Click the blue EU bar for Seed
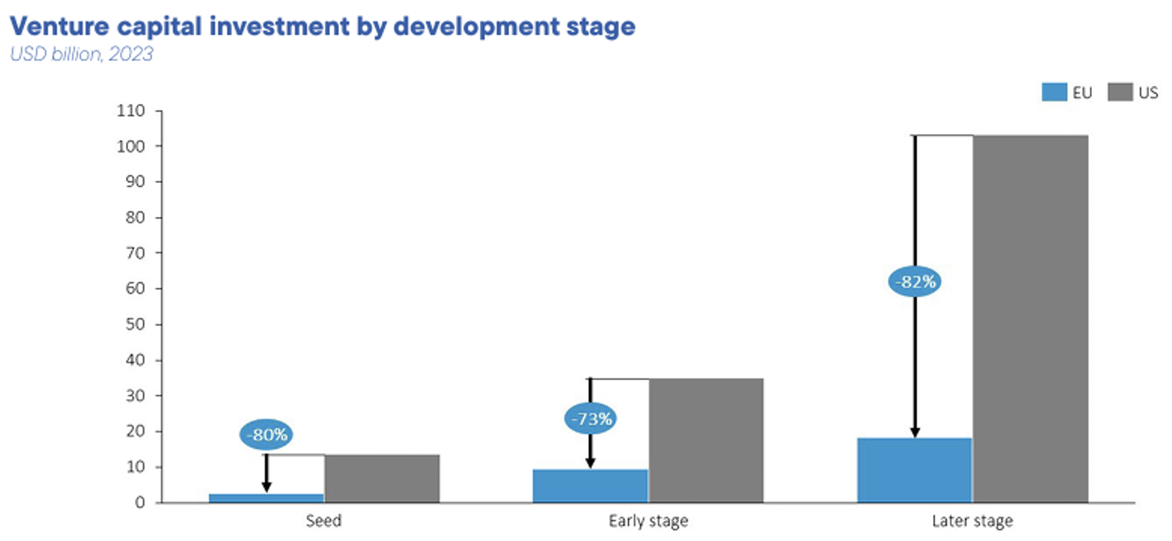(x=267, y=498)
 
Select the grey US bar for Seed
(x=382, y=479)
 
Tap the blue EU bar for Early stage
(x=590, y=486)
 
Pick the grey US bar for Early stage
(x=706, y=441)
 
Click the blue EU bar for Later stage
(x=914, y=470)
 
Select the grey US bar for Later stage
(x=1031, y=319)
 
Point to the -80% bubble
(x=266, y=434)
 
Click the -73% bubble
(x=590, y=419)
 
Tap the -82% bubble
(x=914, y=282)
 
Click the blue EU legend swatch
(x=1054, y=92)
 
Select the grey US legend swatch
(x=1120, y=92)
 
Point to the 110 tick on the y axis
(x=131, y=111)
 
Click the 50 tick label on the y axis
(x=136, y=324)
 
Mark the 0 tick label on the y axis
(x=140, y=503)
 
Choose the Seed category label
(x=324, y=521)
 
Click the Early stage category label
(x=648, y=521)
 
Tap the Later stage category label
(x=972, y=521)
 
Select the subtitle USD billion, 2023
(x=82, y=54)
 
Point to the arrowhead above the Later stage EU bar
(x=915, y=433)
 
